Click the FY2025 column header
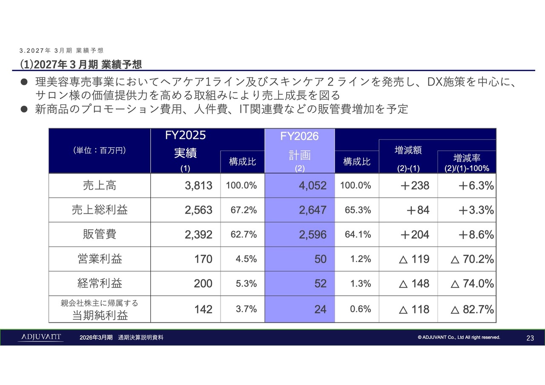tap(185, 136)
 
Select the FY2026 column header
tap(299, 136)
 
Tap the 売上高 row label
tap(99, 185)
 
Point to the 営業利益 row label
tap(99, 259)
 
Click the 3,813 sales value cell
tap(198, 186)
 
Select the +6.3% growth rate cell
tap(476, 186)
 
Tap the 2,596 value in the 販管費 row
tap(313, 235)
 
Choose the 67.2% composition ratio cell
tap(241, 210)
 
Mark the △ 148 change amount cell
tap(414, 284)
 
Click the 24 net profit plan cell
tap(320, 309)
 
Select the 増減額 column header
tap(408, 150)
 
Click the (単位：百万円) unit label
tap(99, 150)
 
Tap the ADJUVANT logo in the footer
tap(40, 337)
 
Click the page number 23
tap(530, 338)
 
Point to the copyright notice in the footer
tap(459, 338)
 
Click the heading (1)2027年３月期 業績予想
tap(81, 64)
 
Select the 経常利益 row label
tap(99, 284)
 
